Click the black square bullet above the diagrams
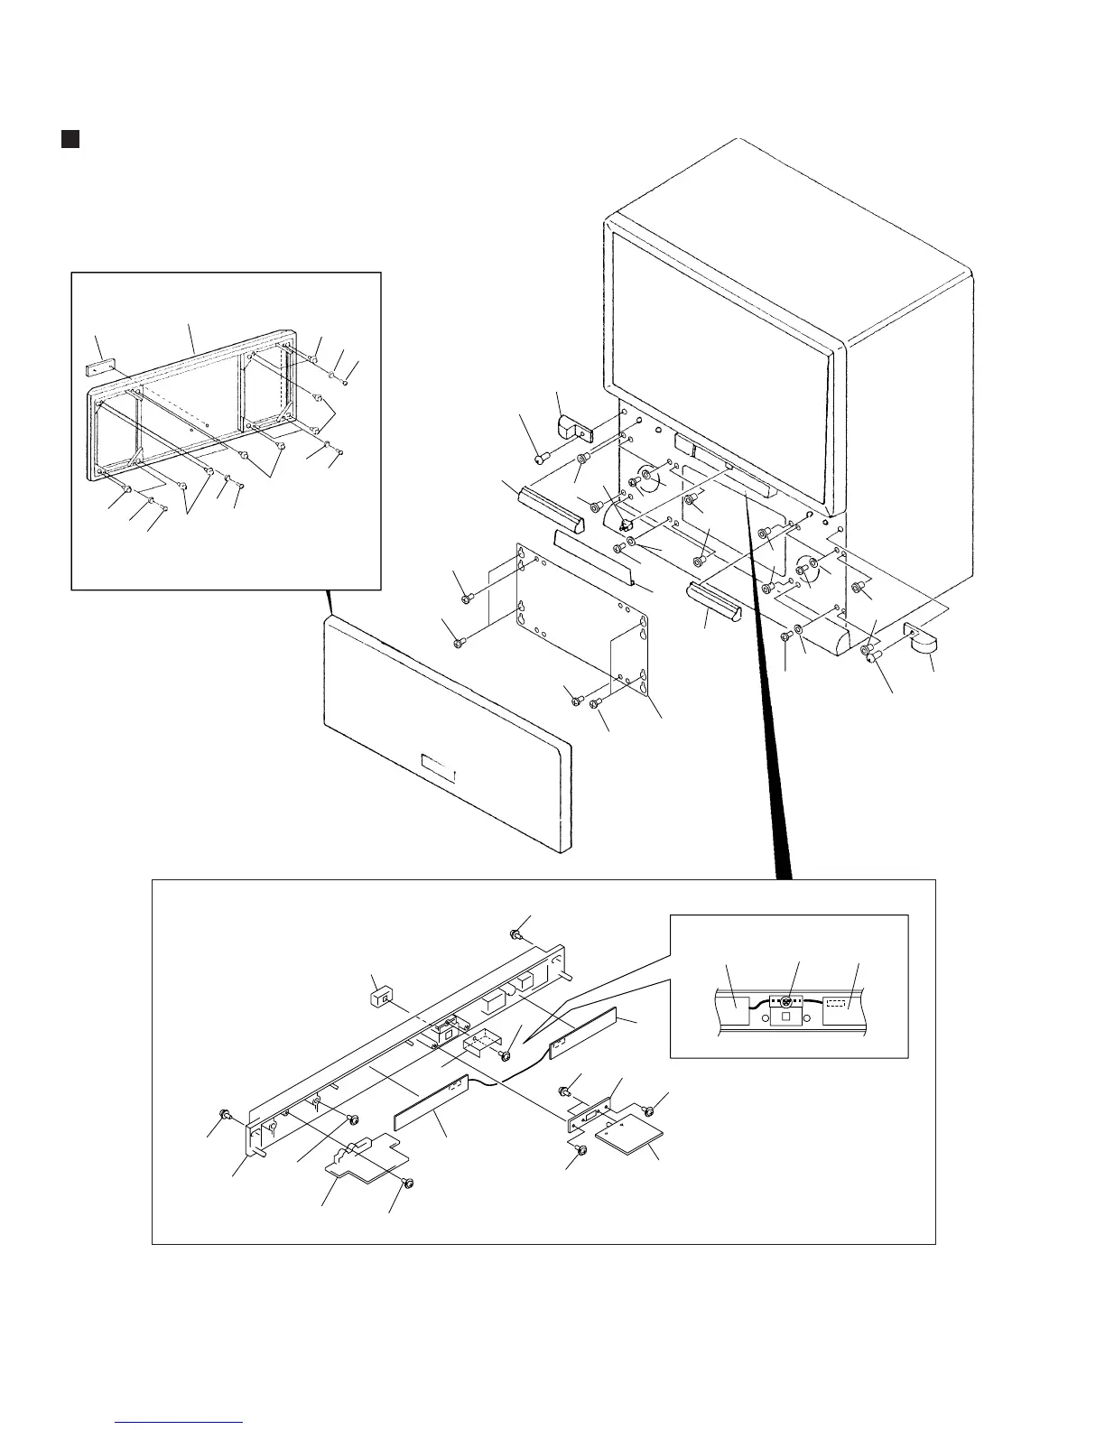tap(70, 139)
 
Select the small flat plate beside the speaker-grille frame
tap(97, 370)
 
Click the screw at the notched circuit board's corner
tap(407, 1183)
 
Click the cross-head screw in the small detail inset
tap(786, 1001)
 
